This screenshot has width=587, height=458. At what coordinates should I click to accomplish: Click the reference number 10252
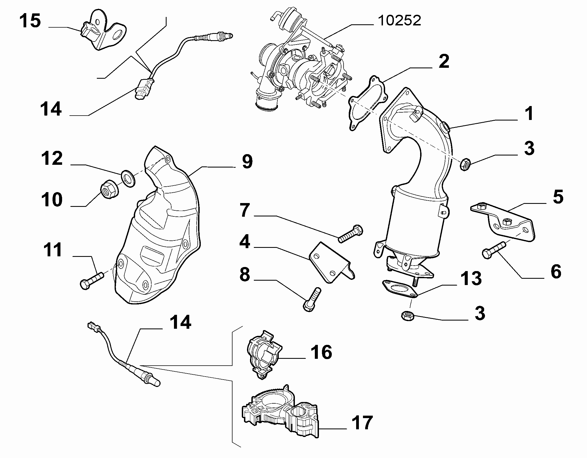coord(399,21)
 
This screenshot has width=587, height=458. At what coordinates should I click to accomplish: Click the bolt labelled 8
coord(312,299)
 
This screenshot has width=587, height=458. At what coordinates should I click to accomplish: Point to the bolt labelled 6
coord(495,250)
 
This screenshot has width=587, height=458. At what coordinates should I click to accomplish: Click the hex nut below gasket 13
coord(408,316)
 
